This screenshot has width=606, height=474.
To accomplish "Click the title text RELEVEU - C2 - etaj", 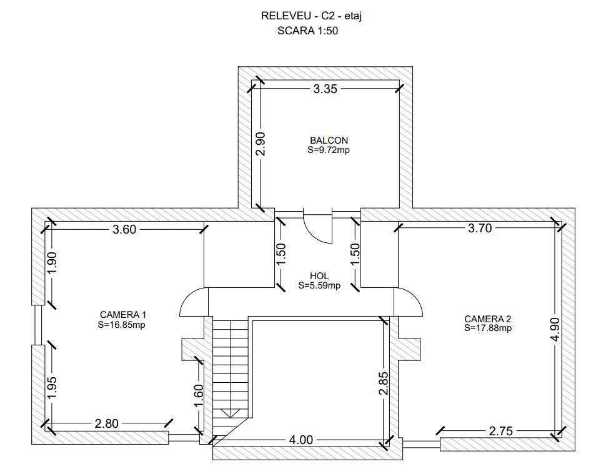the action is [x=312, y=16].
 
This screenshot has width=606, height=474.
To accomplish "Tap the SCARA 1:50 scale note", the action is [x=307, y=31].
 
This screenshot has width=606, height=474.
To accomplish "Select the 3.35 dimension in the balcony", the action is [x=325, y=89].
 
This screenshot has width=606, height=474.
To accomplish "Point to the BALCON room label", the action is [x=329, y=141].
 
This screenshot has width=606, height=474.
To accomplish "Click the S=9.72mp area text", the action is [x=329, y=150].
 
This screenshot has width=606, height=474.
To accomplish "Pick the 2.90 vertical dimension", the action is [x=261, y=144].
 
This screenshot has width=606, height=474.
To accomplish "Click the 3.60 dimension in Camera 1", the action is [x=124, y=229].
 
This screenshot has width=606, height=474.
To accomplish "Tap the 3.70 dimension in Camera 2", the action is [x=480, y=228].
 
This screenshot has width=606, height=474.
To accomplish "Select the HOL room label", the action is [x=319, y=276].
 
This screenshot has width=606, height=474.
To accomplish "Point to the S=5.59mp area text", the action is [x=319, y=285].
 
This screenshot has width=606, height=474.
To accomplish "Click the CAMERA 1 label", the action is [x=123, y=315].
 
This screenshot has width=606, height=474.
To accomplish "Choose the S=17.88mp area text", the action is [x=488, y=328].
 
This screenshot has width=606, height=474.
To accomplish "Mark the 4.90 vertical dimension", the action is [x=555, y=329].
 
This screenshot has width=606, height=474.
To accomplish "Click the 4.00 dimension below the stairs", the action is [x=301, y=440].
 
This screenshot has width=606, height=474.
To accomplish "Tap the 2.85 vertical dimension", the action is [x=384, y=383].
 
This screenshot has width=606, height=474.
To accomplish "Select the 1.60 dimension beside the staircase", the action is [x=199, y=395].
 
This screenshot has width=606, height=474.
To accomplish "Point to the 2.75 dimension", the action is [x=500, y=431].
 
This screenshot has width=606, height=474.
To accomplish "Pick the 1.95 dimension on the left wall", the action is [x=52, y=387].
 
